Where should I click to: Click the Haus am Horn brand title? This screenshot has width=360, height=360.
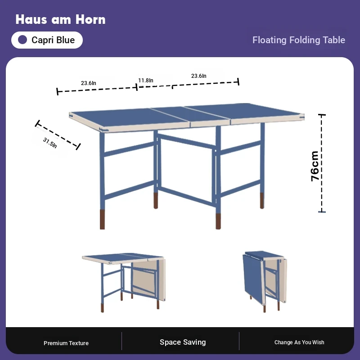point(60,19)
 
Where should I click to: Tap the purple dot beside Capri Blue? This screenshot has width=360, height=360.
point(22,40)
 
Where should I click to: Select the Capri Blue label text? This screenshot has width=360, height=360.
point(53,40)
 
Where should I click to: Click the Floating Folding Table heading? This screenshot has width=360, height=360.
point(299,40)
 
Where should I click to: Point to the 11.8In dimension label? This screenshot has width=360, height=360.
point(145,81)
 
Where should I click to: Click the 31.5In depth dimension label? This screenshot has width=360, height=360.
point(50,143)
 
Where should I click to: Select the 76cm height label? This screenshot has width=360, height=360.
point(315,166)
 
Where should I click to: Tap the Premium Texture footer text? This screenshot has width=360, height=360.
point(66,343)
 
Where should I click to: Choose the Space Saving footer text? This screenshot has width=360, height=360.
point(183,342)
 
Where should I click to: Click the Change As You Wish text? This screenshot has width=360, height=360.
point(299,342)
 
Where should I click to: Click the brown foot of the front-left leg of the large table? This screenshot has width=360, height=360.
point(103,219)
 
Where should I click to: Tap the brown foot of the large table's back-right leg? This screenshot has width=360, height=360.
point(262,200)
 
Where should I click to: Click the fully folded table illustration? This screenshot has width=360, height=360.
point(265,281)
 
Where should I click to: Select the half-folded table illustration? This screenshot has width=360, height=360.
point(124,283)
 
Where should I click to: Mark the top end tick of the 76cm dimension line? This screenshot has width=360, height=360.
point(322,115)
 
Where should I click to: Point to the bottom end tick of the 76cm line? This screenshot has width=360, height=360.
point(322,211)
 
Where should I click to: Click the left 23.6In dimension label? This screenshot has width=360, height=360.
point(88,83)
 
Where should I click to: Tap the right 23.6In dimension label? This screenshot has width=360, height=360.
point(198,76)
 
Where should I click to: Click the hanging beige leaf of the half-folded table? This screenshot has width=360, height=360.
point(149,280)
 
